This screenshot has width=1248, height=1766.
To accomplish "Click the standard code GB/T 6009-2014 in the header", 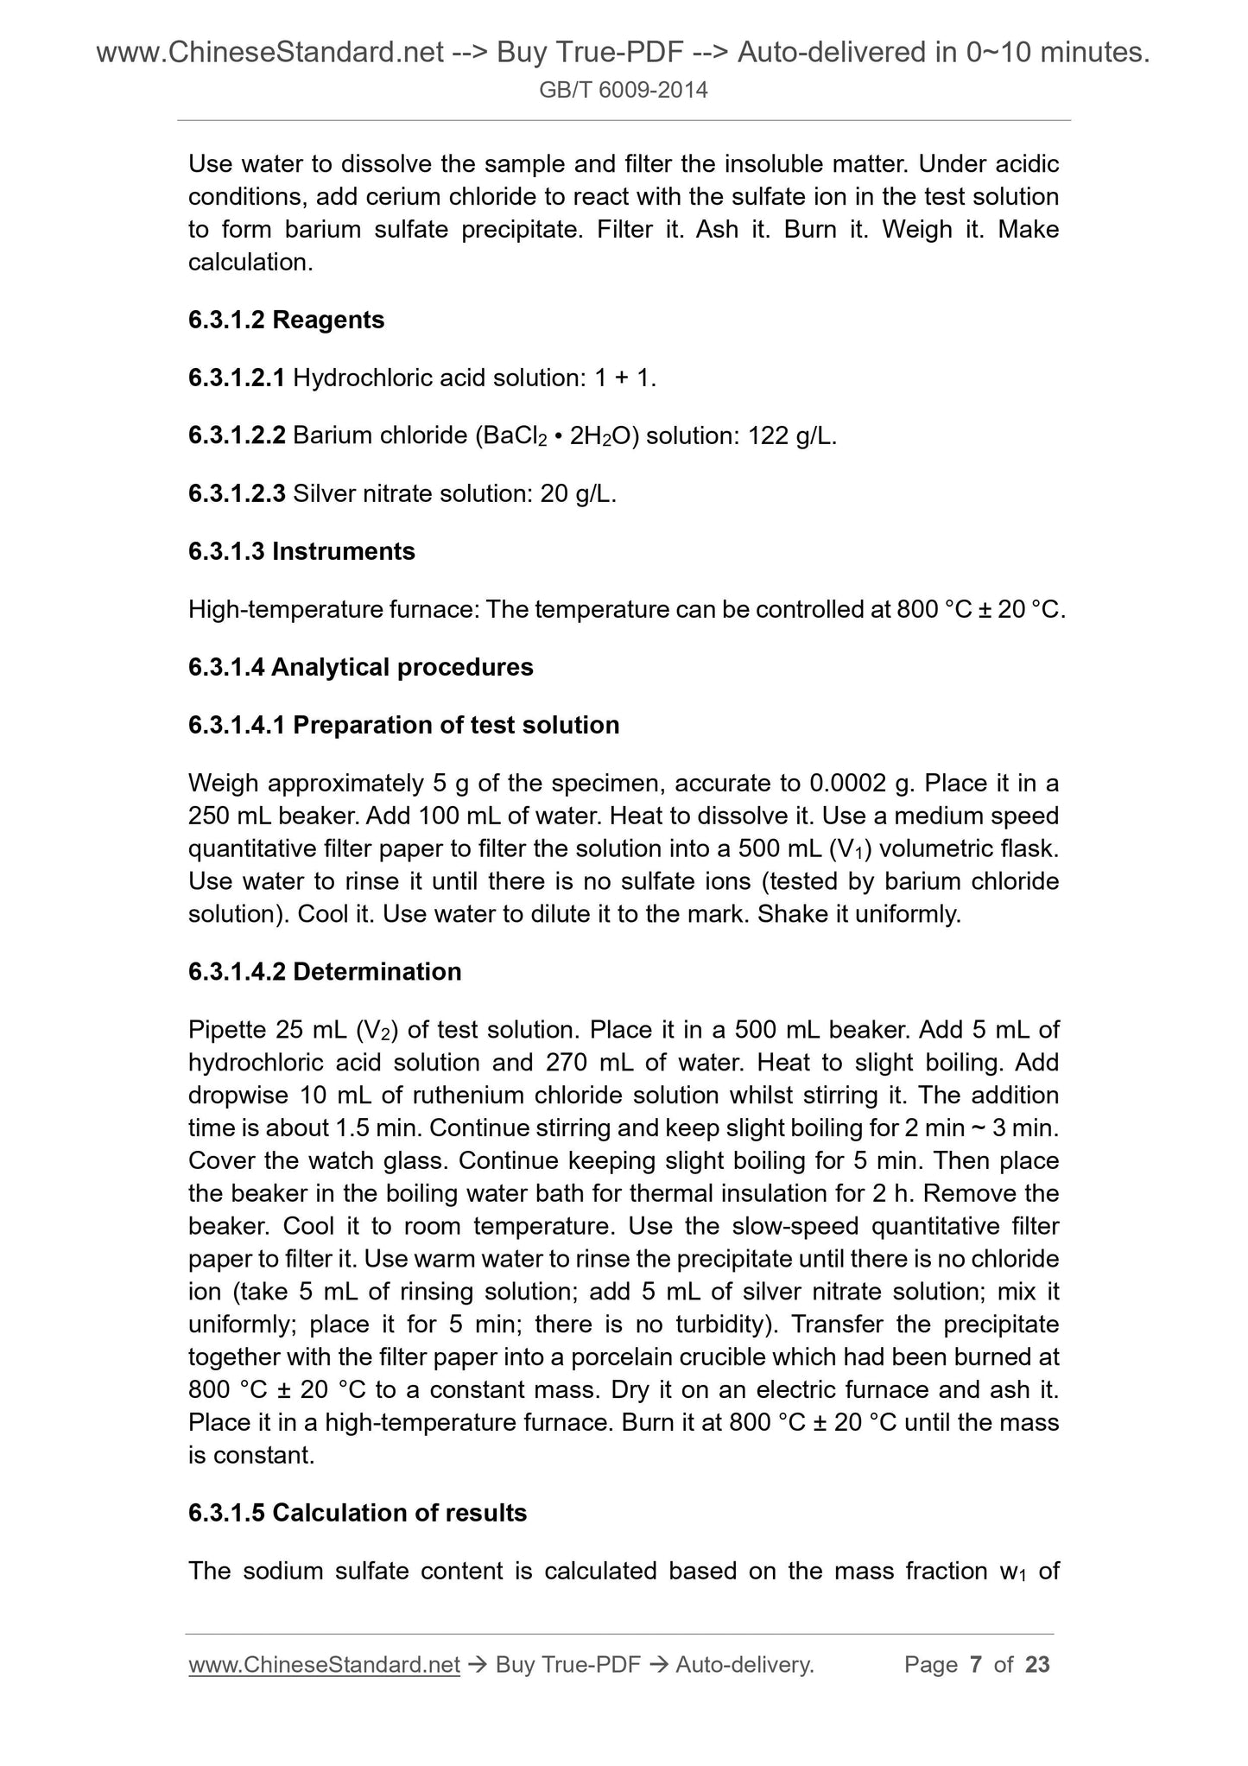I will (624, 90).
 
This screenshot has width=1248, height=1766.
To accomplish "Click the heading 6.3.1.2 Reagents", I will (286, 320).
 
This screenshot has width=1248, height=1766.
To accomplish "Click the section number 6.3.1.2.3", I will (237, 493).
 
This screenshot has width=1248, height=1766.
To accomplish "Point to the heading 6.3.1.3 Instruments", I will (301, 551).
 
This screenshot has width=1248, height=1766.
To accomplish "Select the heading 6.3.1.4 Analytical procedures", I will (360, 667).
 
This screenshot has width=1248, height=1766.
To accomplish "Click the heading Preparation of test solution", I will (456, 725).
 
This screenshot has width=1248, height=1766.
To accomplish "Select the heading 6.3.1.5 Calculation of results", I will (358, 1513).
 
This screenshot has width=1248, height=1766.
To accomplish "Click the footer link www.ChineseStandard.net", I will (324, 1665).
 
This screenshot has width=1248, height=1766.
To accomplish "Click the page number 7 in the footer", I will (976, 1665).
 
